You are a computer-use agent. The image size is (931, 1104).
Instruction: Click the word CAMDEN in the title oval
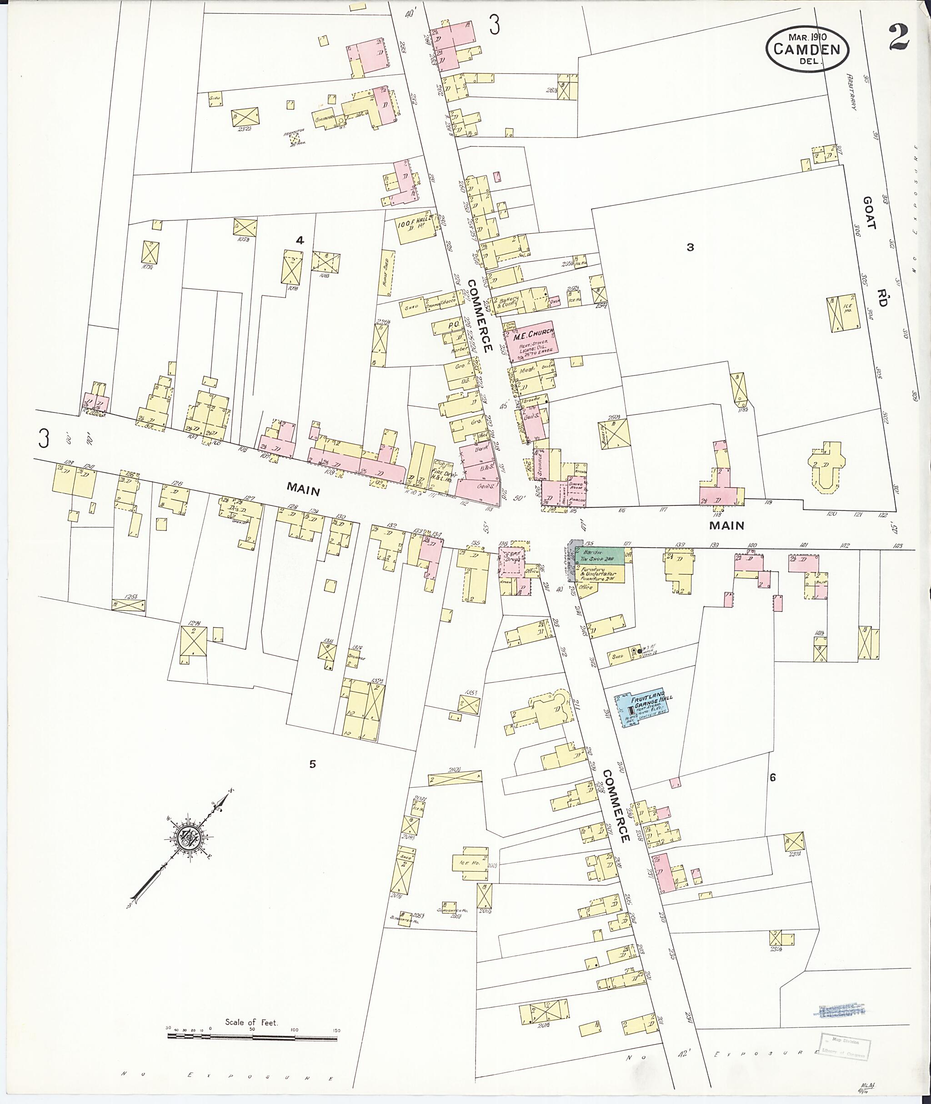[x=807, y=50]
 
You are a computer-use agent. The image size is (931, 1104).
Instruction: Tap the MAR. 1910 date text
[x=807, y=37]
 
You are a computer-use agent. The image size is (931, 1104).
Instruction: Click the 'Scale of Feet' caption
[x=251, y=1022]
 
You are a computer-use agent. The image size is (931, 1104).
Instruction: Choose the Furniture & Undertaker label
[x=599, y=573]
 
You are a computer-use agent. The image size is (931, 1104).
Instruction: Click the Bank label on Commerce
[x=481, y=450]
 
